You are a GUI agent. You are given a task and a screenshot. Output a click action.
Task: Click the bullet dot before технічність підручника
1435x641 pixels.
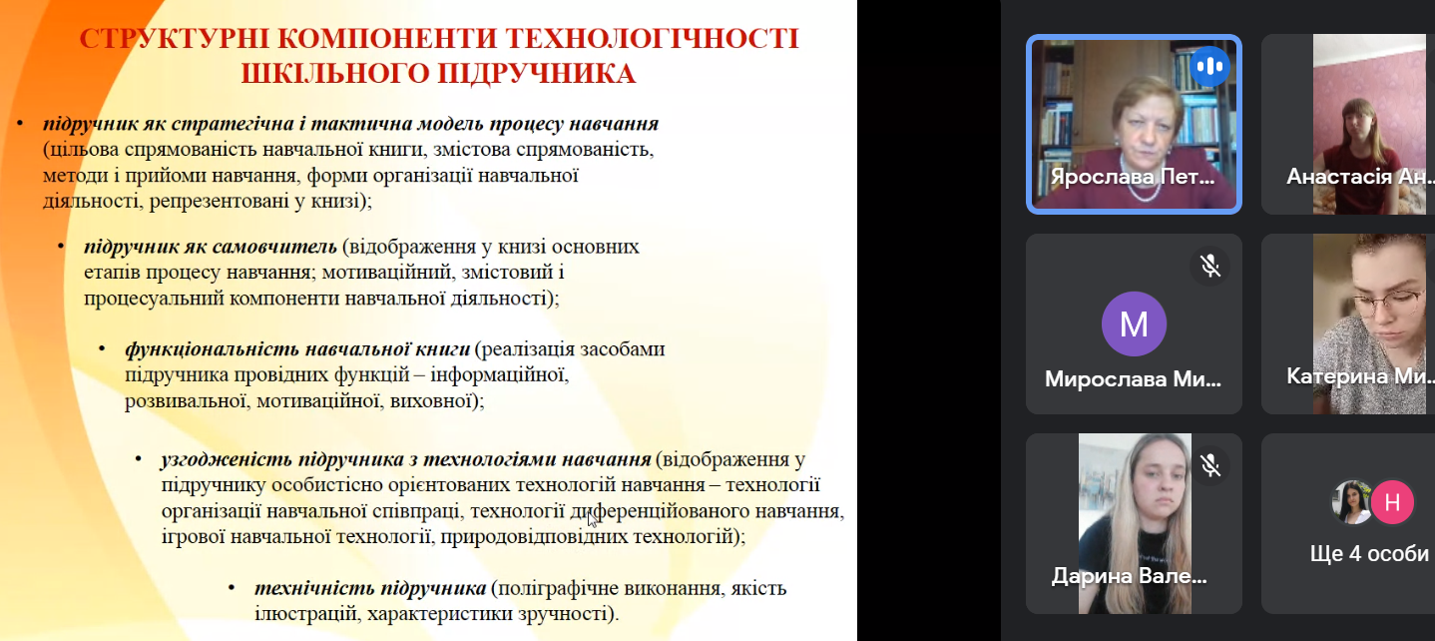point(232,588)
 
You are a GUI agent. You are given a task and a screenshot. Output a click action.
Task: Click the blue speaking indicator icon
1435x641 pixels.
point(1210,67)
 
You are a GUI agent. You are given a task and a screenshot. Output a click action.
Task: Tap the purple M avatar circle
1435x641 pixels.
point(1134,324)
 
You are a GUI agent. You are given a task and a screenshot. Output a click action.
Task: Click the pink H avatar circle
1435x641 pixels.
point(1392,502)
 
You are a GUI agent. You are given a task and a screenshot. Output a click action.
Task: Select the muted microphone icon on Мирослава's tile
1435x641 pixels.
point(1210,266)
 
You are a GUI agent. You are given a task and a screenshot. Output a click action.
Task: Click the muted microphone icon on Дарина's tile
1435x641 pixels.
point(1210,465)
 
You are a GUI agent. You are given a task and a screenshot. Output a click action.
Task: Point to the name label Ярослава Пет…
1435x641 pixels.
point(1134,178)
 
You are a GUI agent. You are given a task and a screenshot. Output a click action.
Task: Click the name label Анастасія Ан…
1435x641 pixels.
point(1357,178)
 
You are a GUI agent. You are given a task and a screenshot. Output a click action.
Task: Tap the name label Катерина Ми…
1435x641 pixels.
point(1357,376)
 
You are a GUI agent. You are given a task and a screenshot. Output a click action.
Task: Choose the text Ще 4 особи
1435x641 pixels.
point(1369,553)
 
